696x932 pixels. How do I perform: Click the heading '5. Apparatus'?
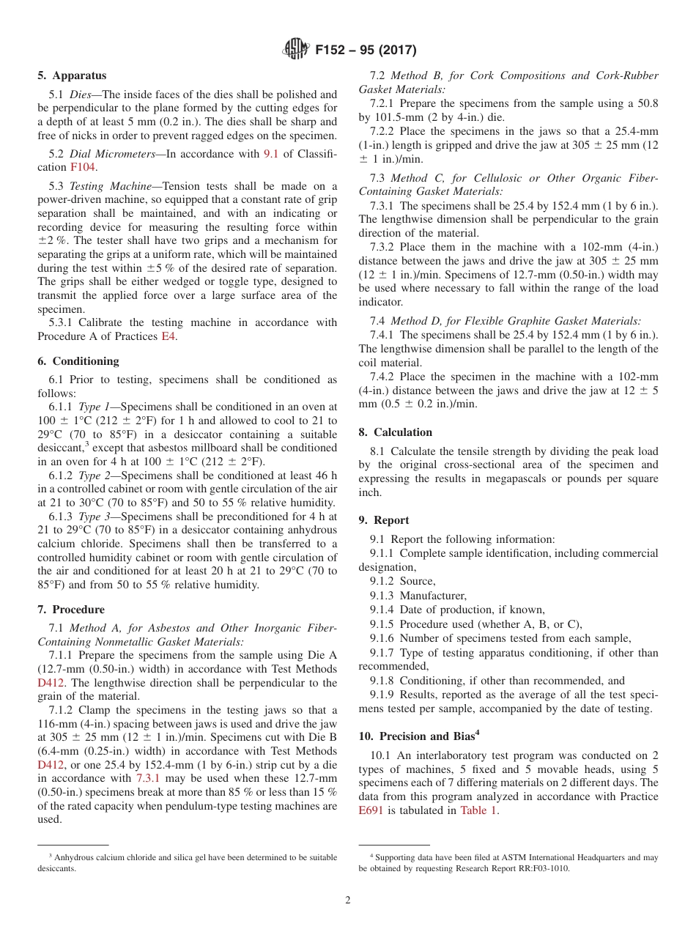point(72,75)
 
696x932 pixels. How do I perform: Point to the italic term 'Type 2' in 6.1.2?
point(94,476)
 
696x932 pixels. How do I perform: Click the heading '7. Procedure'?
point(71,610)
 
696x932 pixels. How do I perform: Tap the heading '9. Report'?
point(384,520)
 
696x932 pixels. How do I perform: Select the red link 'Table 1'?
point(478,810)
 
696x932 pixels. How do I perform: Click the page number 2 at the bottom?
point(348,900)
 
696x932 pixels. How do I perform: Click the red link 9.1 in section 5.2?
point(271,153)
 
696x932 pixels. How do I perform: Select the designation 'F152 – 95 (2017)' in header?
point(366,50)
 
